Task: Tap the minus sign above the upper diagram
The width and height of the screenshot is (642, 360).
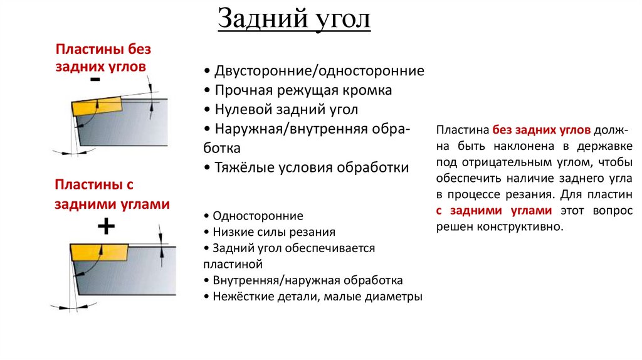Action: [95, 80]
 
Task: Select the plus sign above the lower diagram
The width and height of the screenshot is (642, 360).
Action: [105, 226]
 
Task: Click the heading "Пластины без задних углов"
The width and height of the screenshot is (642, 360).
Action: [103, 57]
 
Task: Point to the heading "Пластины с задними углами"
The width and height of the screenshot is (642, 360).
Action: [112, 194]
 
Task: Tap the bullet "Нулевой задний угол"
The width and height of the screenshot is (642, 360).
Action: [285, 110]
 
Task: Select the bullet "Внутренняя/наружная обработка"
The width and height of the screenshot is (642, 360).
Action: [307, 280]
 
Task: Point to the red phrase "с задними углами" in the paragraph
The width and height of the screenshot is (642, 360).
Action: [494, 211]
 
